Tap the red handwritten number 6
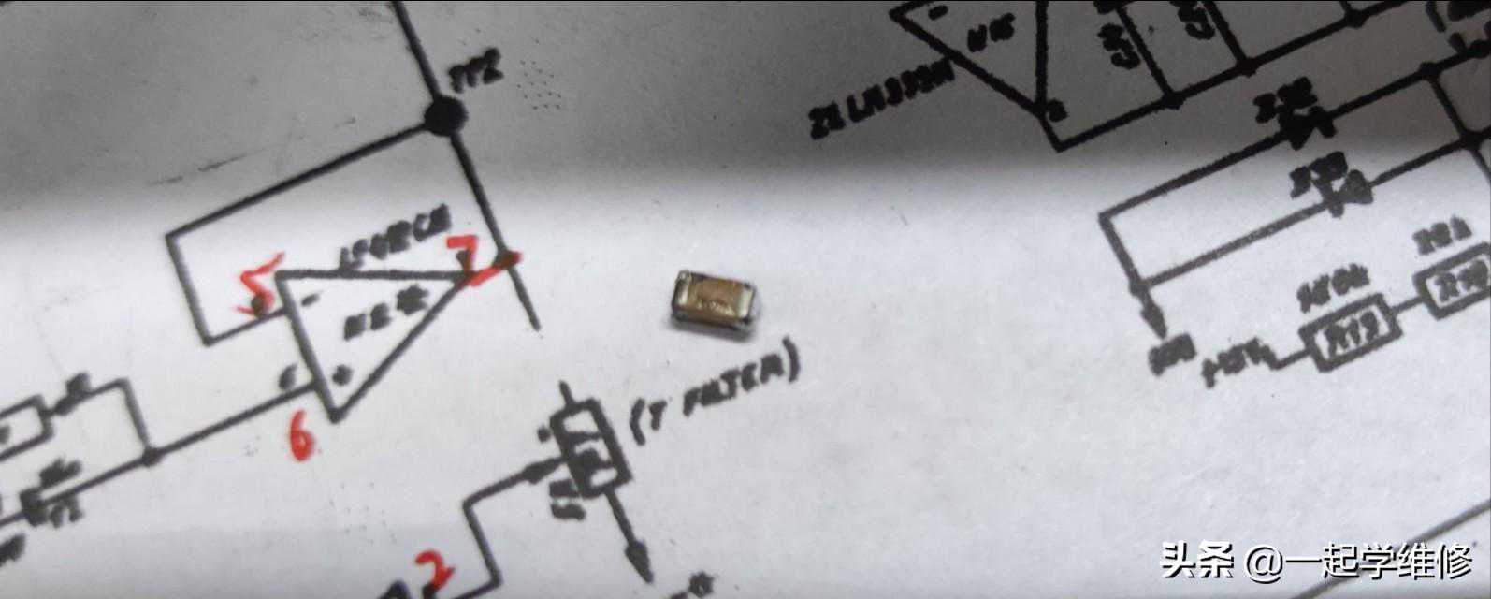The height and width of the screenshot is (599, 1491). tap(300, 436)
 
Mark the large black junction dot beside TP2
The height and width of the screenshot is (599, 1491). tap(446, 117)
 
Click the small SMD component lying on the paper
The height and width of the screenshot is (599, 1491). tap(716, 300)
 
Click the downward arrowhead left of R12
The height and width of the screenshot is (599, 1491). tap(1156, 324)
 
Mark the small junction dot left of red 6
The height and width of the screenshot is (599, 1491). tap(151, 458)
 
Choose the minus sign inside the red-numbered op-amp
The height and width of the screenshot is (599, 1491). tap(308, 299)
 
